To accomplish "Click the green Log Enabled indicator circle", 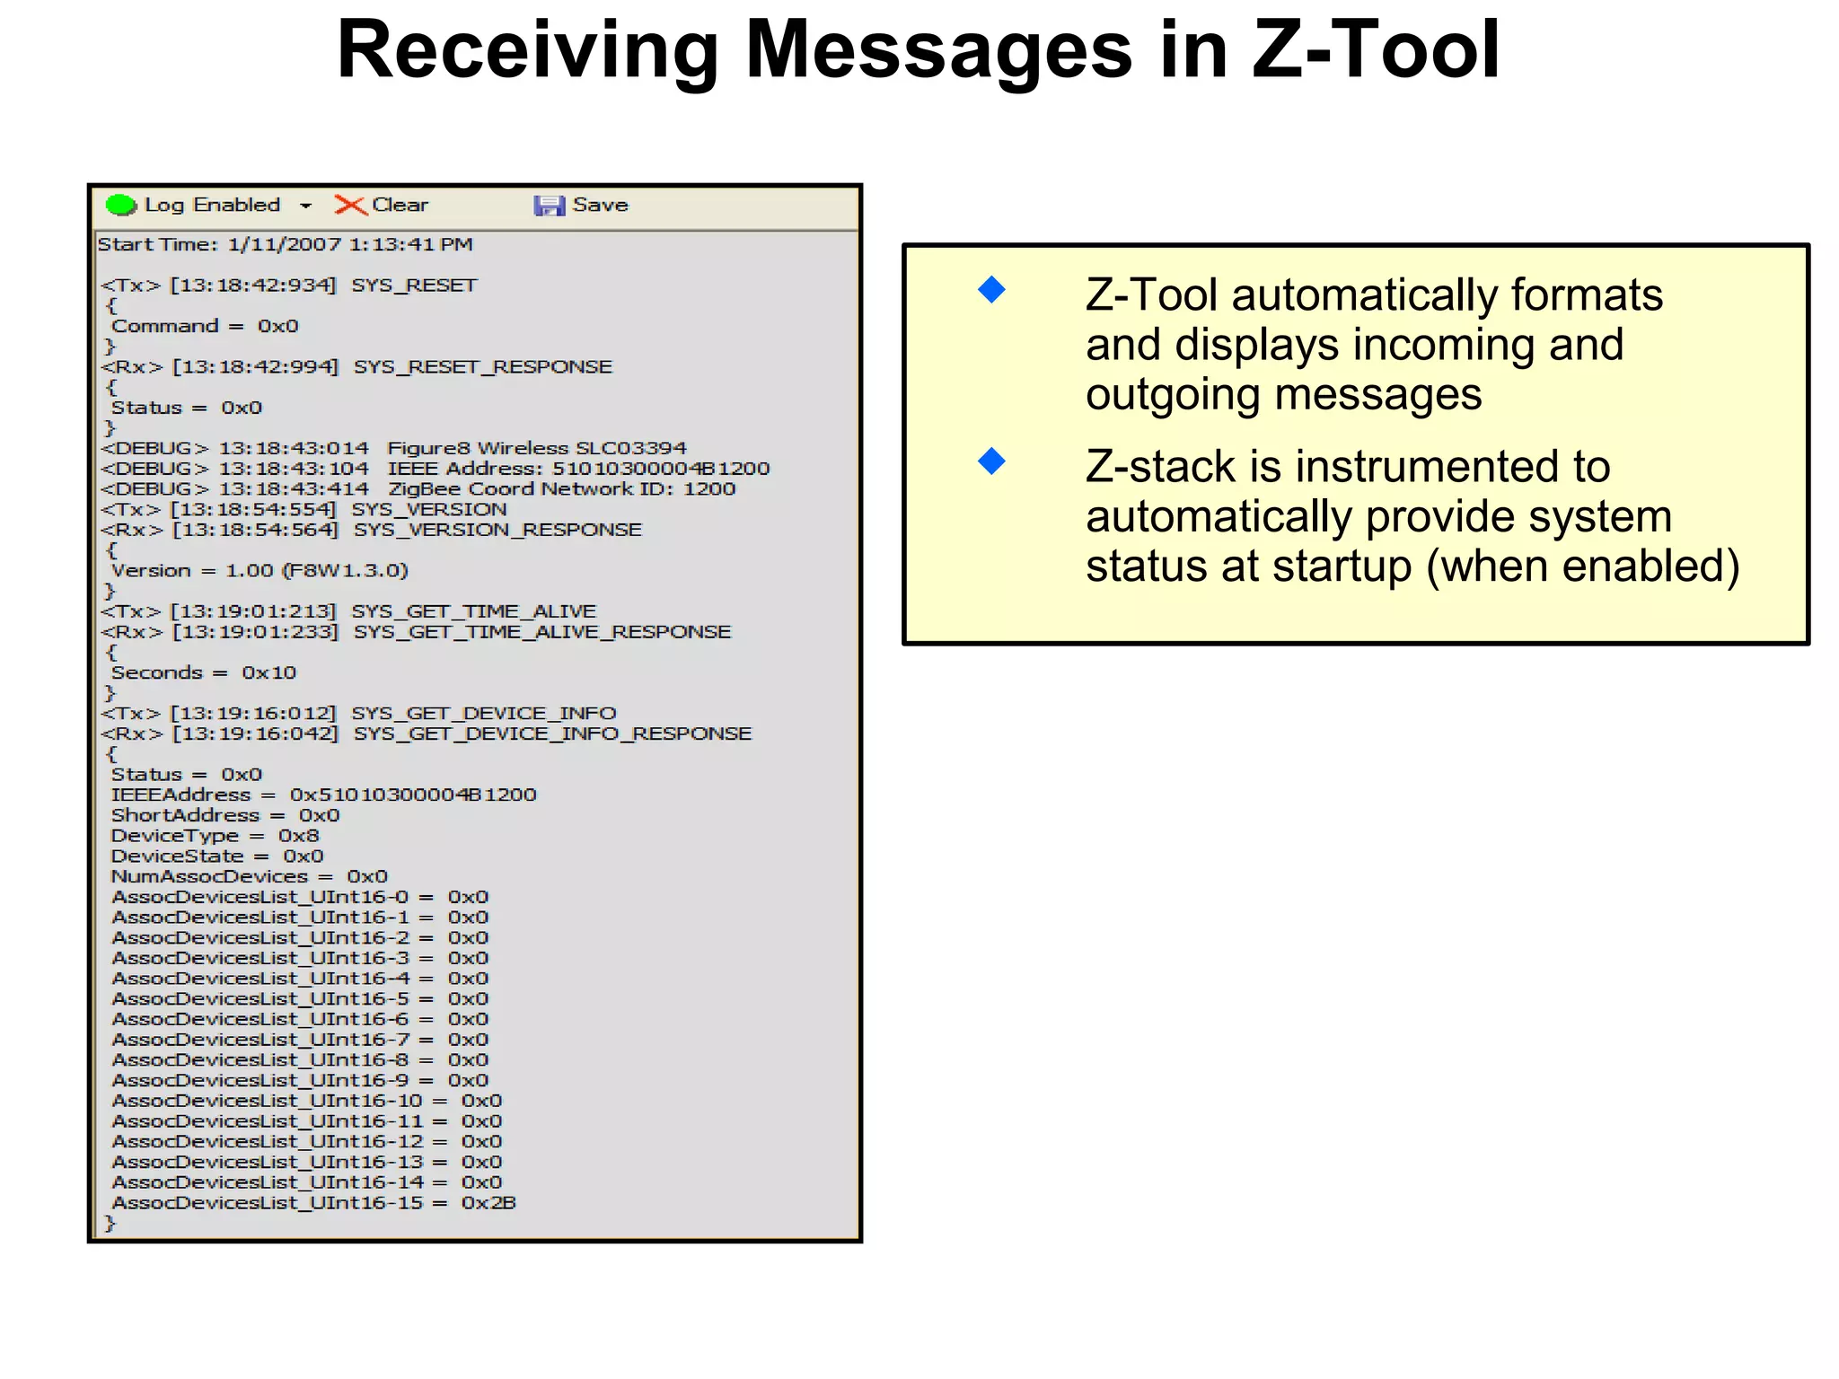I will point(120,206).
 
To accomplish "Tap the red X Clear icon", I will point(350,206).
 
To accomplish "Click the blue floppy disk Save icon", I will point(549,206).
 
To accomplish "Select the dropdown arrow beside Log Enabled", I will point(306,206).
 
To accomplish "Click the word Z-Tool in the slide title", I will point(1375,50).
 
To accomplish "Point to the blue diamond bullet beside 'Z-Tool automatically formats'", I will point(991,290).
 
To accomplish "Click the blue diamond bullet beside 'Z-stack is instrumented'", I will point(991,461).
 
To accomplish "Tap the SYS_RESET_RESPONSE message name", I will point(482,367).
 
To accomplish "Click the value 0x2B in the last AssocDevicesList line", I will point(488,1203).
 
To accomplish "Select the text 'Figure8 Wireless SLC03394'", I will point(536,448).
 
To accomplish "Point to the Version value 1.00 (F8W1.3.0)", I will point(317,571).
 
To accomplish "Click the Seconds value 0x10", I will point(268,673).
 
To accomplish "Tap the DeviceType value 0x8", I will point(298,836).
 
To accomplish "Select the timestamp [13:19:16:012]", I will point(253,714).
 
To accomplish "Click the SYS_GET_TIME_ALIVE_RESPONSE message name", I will point(541,632).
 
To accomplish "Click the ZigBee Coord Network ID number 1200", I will point(709,489).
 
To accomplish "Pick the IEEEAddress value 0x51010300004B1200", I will point(413,795).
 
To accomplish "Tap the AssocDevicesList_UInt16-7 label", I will point(260,1040).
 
